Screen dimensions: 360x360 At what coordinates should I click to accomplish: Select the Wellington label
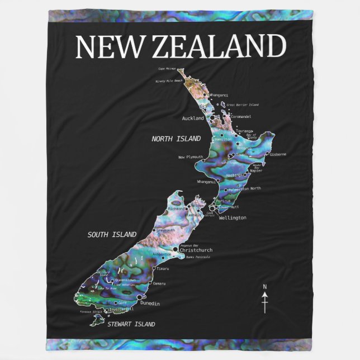(x=233, y=217)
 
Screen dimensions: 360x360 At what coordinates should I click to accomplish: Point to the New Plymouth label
(x=191, y=157)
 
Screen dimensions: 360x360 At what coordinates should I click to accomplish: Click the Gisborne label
(x=278, y=154)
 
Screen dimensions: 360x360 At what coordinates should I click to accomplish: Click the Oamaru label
(x=159, y=283)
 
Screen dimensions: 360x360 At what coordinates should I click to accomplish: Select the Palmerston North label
(x=248, y=188)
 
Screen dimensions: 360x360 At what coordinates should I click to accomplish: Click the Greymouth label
(x=165, y=230)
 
